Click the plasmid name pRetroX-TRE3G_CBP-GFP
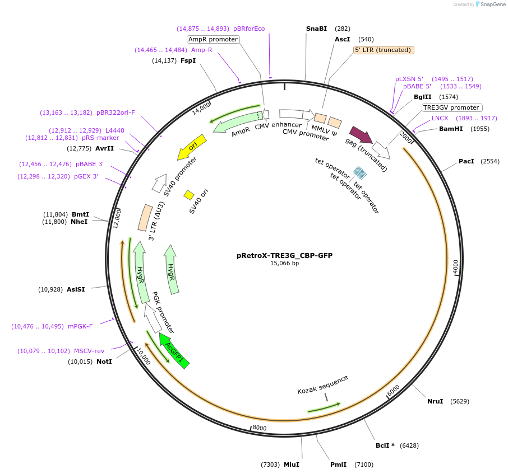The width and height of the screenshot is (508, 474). point(284,255)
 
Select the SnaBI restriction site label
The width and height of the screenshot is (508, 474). point(316,29)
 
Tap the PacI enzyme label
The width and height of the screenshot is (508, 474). point(467,161)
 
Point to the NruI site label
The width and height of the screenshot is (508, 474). point(435,401)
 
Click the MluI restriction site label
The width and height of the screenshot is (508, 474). point(292,464)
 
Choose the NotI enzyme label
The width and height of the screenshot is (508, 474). point(104,362)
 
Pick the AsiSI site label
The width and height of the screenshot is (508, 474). point(76,289)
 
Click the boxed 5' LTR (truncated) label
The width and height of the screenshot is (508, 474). point(384,50)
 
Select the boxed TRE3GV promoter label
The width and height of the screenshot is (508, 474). point(452,107)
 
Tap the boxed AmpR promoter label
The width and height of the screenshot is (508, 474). point(213,39)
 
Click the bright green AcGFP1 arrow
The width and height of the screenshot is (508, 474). point(174,351)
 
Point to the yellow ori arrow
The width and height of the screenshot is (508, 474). point(192,147)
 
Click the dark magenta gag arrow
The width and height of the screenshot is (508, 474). point(361,135)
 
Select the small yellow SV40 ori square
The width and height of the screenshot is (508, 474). point(189,195)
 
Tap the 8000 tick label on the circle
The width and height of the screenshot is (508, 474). point(259,428)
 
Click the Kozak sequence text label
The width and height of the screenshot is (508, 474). point(322,384)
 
